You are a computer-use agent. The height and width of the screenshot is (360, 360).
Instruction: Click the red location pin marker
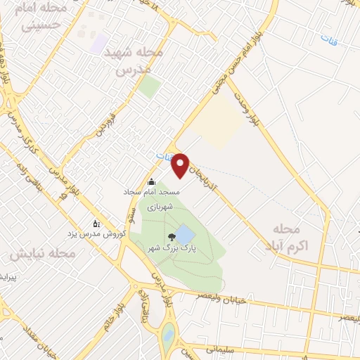coord(181,164)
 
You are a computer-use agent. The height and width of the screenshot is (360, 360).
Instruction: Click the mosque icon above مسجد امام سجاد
coord(151,182)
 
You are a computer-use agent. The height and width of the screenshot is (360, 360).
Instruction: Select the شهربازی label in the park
coord(160,208)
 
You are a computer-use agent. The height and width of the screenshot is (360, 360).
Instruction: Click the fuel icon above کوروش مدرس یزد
coord(96,223)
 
